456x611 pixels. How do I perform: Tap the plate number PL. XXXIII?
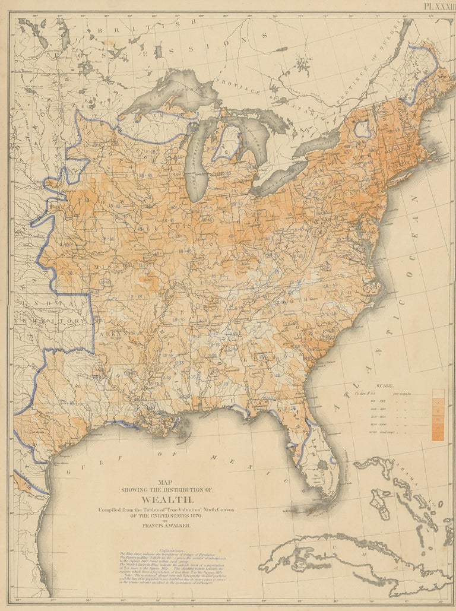tap(438, 5)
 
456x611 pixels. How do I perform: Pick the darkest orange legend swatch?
tap(438, 436)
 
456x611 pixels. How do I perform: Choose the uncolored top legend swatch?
tap(438, 392)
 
